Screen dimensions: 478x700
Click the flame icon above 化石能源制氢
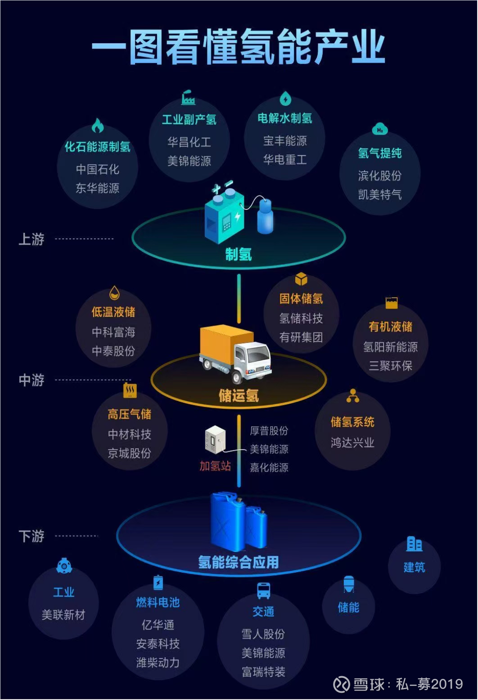98,126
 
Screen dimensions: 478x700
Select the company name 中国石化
97,169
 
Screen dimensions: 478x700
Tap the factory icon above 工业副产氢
188,97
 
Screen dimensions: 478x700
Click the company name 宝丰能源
285,141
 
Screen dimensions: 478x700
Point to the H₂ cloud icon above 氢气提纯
380,130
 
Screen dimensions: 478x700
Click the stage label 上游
32,239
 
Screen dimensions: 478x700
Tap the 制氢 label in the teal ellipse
239,254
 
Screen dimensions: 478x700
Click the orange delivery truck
235,354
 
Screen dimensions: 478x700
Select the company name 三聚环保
390,366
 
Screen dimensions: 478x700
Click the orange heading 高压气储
129,415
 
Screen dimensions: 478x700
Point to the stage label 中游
32,380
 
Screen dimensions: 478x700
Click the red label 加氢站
215,466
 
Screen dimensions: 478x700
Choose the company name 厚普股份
269,431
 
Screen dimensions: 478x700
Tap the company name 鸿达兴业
352,442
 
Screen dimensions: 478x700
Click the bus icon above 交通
263,591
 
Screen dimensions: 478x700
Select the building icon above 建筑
414,544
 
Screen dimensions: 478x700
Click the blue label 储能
348,608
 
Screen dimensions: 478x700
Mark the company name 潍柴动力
158,663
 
